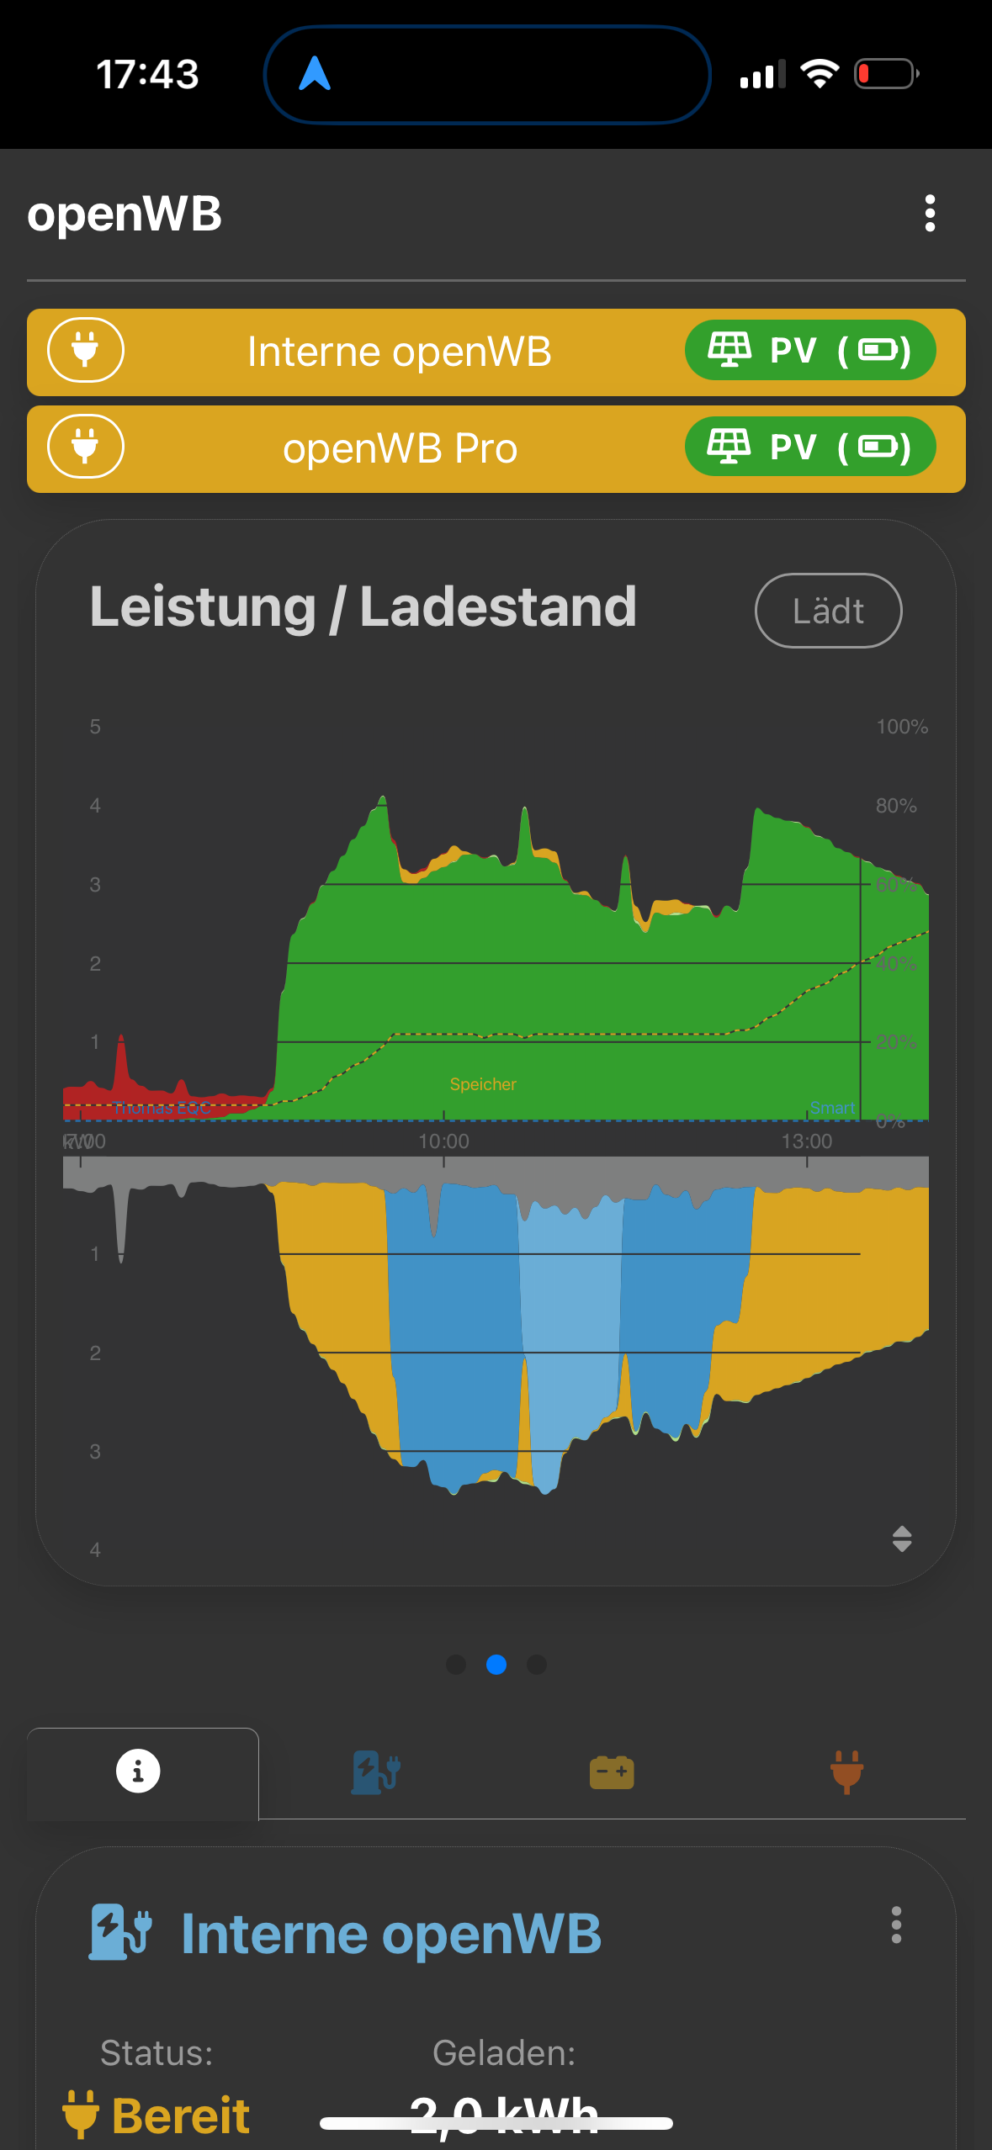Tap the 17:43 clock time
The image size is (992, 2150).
[147, 74]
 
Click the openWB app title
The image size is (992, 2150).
[125, 214]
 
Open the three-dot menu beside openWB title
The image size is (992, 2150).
[930, 214]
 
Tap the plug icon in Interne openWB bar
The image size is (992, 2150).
[85, 350]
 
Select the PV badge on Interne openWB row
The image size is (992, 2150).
[809, 350]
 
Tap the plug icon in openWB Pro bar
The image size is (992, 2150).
[85, 447]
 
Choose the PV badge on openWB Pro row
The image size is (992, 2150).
[809, 447]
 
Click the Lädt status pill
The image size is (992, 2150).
[828, 611]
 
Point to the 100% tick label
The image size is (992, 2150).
[901, 727]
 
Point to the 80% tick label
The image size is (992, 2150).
[895, 806]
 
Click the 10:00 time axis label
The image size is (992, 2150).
[443, 1141]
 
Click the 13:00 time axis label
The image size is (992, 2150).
[806, 1141]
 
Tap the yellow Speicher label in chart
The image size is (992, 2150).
[483, 1084]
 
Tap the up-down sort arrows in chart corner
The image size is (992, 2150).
[902, 1538]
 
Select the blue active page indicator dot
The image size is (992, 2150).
[496, 1665]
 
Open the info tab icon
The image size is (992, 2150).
[138, 1771]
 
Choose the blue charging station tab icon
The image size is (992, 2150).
[375, 1771]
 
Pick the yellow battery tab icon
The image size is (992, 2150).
[612, 1772]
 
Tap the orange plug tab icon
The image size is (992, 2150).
[846, 1771]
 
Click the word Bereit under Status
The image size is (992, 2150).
[181, 2116]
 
